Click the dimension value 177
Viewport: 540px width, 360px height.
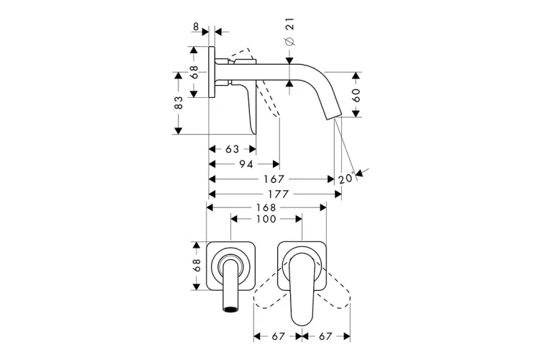click(x=278, y=194)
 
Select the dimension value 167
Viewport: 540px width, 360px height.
click(x=274, y=179)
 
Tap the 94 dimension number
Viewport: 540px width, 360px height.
click(x=246, y=164)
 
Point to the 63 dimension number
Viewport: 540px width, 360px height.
click(x=232, y=149)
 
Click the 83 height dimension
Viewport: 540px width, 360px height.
click(x=179, y=103)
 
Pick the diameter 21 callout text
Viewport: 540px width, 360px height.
click(x=289, y=32)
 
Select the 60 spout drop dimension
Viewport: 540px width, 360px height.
click(x=356, y=95)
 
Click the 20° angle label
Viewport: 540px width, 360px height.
click(x=346, y=179)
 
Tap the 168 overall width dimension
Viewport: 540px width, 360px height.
click(x=266, y=207)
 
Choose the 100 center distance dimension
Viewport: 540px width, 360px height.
click(x=266, y=219)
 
